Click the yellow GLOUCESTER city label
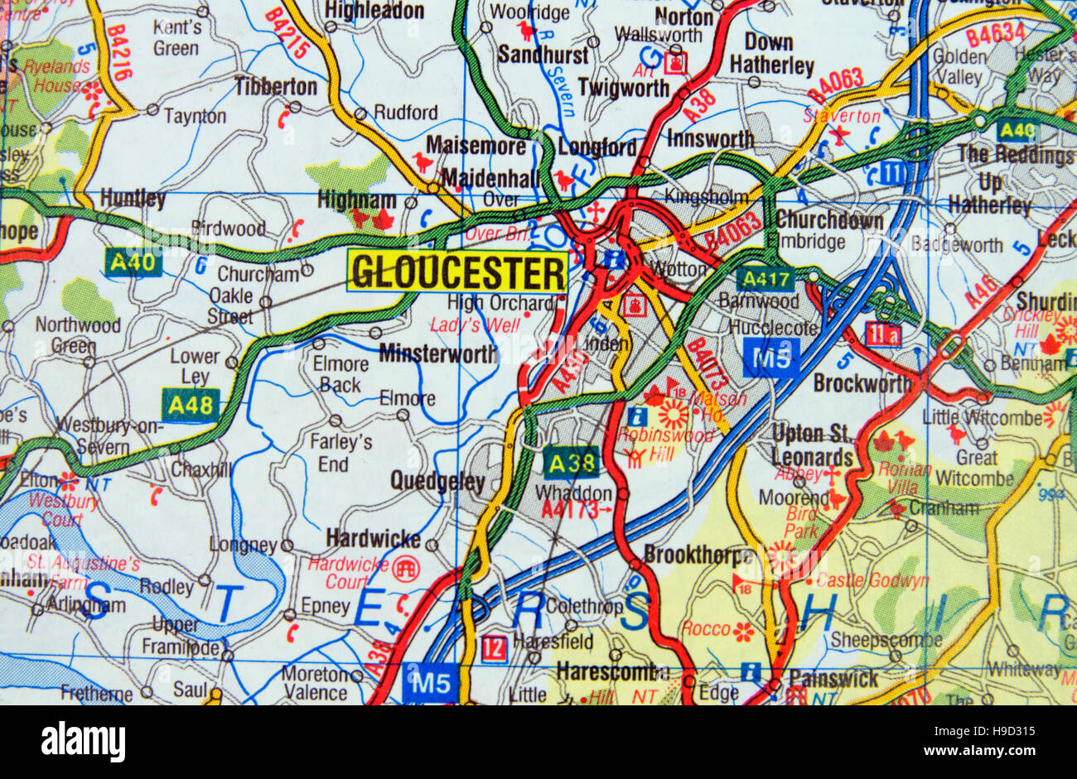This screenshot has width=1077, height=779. tap(458, 272)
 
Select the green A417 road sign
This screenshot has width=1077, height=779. tap(765, 278)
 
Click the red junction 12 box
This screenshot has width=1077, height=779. tap(493, 648)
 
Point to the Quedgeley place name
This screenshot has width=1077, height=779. tap(437, 481)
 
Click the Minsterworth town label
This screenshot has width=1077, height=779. tap(438, 354)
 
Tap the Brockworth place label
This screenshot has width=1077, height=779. tap(862, 383)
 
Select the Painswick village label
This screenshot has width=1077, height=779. tap(833, 679)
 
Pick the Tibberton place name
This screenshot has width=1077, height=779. tap(276, 86)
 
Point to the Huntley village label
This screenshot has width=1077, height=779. tap(133, 199)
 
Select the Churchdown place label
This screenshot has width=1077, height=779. tap(829, 221)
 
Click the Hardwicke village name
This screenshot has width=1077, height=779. tap(373, 539)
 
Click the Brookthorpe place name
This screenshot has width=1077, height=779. tap(698, 554)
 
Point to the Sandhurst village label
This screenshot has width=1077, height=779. tap(543, 55)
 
